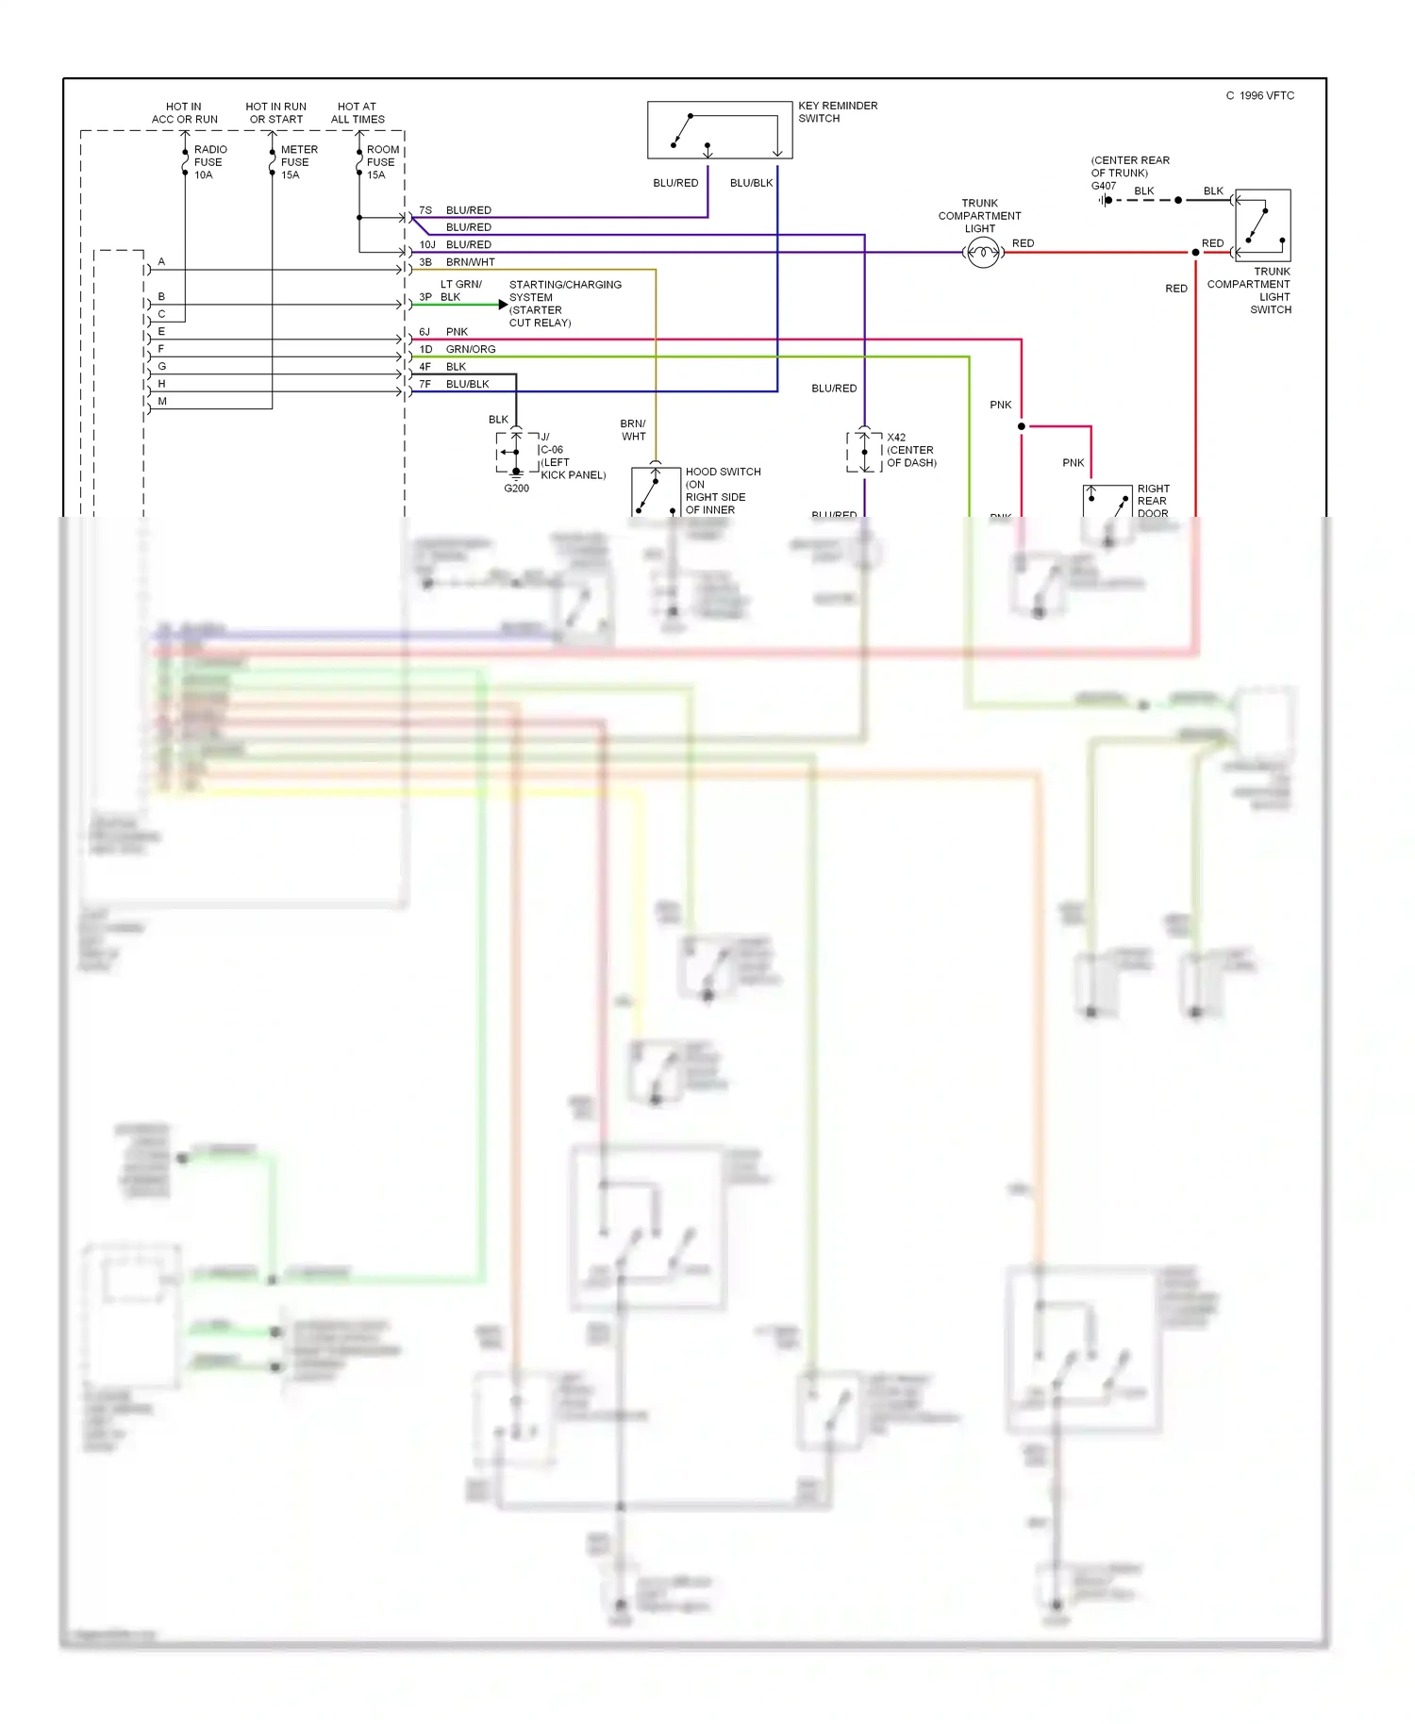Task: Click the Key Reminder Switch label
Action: [x=837, y=112]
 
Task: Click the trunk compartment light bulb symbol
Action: [x=983, y=253]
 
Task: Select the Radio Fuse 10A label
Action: [x=209, y=162]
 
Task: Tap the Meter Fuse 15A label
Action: [x=298, y=162]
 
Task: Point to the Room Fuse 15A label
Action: [x=382, y=162]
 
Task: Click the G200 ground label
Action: [x=516, y=489]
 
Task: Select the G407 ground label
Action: [x=1104, y=186]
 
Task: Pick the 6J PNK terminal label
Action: [x=443, y=332]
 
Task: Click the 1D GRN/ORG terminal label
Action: [x=458, y=349]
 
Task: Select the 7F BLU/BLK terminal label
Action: [x=454, y=384]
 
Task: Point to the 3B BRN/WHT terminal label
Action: [x=457, y=262]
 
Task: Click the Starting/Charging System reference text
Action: [x=564, y=304]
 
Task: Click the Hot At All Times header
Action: [x=358, y=113]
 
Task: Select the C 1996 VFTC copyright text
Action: [x=1259, y=96]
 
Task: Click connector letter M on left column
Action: [x=162, y=402]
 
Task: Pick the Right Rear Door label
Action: [x=1153, y=501]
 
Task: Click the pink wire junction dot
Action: [x=1022, y=426]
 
